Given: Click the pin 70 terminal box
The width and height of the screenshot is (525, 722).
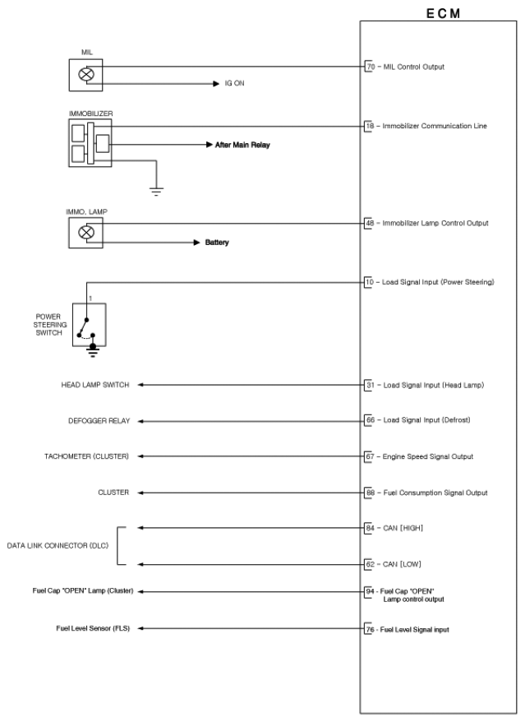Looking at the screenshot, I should (369, 66).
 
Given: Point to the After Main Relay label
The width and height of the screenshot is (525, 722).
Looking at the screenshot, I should (243, 144).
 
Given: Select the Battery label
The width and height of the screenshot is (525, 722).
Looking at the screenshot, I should (217, 243).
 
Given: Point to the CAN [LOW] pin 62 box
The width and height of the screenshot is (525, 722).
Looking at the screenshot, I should (369, 564).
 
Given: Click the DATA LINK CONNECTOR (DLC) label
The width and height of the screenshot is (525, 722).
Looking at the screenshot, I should (56, 546).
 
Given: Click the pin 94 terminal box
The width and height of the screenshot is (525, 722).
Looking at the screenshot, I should (369, 591).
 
